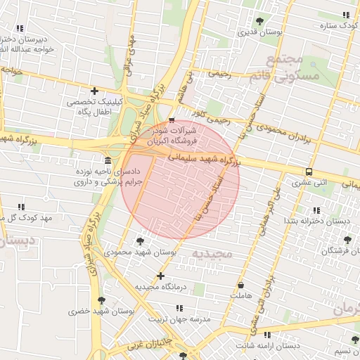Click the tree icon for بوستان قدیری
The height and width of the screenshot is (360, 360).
click(x=261, y=21)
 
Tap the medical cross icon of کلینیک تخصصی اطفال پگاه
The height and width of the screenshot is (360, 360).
click(x=94, y=91)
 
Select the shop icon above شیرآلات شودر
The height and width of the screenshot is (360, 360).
click(x=172, y=120)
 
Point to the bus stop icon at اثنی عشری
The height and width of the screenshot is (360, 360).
click(x=309, y=172)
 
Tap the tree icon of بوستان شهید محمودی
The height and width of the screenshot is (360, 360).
click(x=139, y=241)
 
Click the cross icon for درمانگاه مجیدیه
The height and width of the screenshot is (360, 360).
click(x=161, y=276)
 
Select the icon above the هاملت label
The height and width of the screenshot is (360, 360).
click(x=241, y=285)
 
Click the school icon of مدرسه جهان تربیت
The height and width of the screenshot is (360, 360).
click(x=179, y=308)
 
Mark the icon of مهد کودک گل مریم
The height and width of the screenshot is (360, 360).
click(x=20, y=207)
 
